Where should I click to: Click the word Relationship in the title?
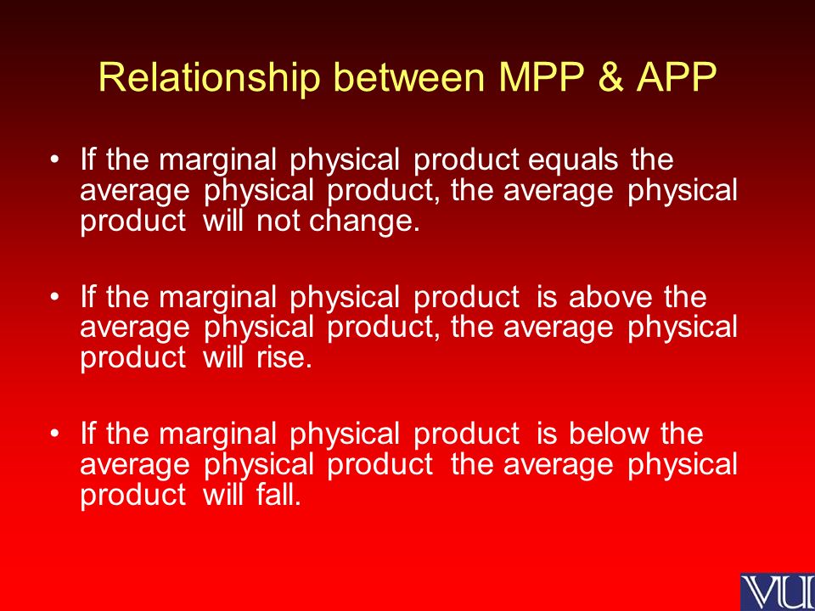point(209,78)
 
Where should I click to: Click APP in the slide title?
point(677,77)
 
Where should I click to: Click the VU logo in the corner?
point(778,591)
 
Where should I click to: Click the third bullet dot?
point(54,433)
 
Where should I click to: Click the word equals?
point(573,160)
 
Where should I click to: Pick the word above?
point(610,297)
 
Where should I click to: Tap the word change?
point(364,222)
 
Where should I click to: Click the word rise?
point(284,358)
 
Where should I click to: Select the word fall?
point(278,495)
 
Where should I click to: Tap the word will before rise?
point(223,358)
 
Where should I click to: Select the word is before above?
point(546,297)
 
